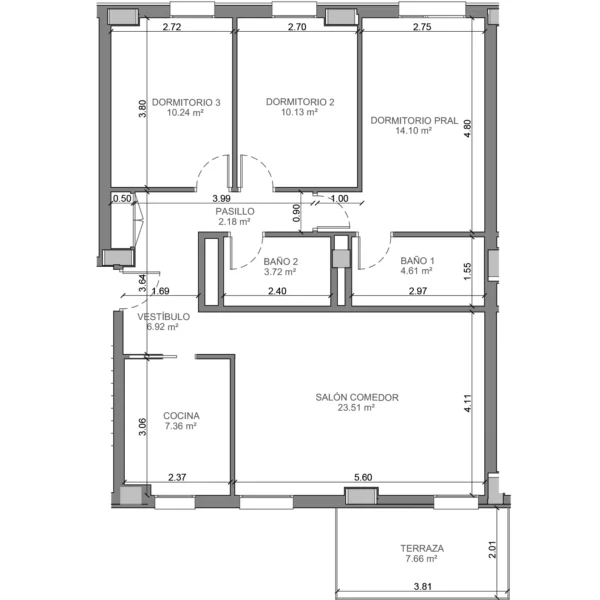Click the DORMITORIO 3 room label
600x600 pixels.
pos(186,103)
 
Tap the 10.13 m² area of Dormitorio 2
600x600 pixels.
pos(299,112)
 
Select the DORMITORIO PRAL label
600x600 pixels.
pos(414,121)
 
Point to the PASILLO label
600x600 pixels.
pos(235,211)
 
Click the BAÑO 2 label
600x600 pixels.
pos(280,262)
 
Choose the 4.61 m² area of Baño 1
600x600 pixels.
pos(416,271)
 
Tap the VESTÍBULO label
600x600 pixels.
pos(163,316)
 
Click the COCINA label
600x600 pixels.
pos(181,416)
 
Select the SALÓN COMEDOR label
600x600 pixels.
pos(357,398)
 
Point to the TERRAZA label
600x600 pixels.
pos(422,548)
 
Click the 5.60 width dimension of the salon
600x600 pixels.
pos(363,477)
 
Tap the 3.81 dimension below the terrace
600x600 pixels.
pos(423,586)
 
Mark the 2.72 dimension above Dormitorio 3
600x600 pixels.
pos(172,27)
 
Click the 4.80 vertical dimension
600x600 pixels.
pos(467,129)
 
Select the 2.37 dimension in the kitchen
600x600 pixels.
pos(177,477)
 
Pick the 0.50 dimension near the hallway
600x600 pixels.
pos(122,199)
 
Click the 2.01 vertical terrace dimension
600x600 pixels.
pos(492,549)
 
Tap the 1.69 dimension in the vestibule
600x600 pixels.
pos(160,291)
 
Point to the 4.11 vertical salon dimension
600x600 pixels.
pos(468,403)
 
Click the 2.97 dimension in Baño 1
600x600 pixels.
pos(418,291)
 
